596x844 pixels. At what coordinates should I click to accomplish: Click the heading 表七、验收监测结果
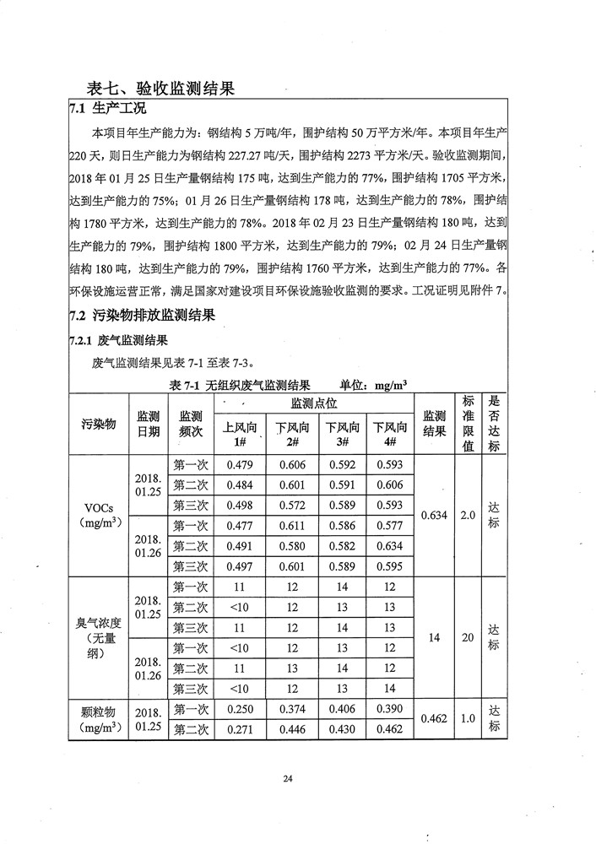pyautogui.click(x=160, y=87)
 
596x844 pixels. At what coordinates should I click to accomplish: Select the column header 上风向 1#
pyautogui.click(x=240, y=434)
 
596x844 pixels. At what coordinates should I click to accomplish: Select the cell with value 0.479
pyautogui.click(x=240, y=465)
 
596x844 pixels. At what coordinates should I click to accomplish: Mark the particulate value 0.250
pyautogui.click(x=240, y=710)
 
